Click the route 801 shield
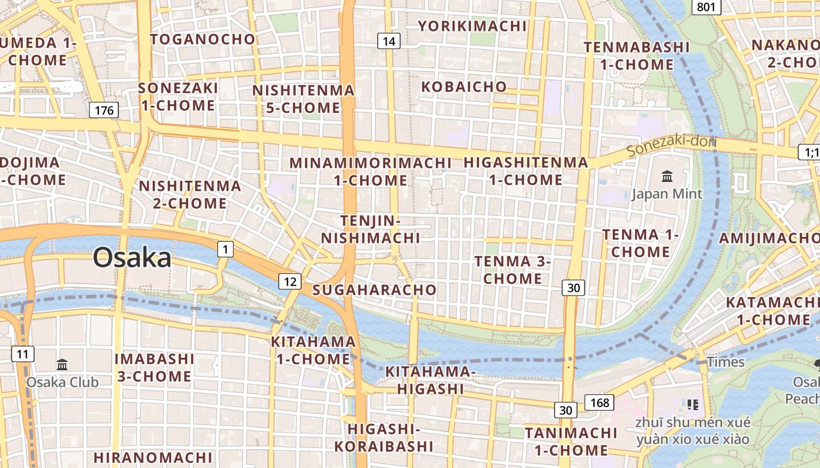click(706, 7)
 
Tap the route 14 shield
click(389, 41)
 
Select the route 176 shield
click(104, 110)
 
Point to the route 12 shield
click(290, 281)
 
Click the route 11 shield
click(22, 353)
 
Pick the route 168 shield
click(600, 402)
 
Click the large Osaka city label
click(132, 257)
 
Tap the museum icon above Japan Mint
click(667, 176)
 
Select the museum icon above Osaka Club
click(62, 365)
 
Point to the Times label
click(726, 362)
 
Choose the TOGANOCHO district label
click(203, 39)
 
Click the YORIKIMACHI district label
click(473, 26)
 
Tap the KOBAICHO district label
click(464, 87)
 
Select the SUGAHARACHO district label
click(374, 290)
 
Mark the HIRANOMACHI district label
click(153, 457)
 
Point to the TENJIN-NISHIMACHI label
click(370, 229)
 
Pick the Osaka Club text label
click(62, 382)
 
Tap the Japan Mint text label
click(667, 194)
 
